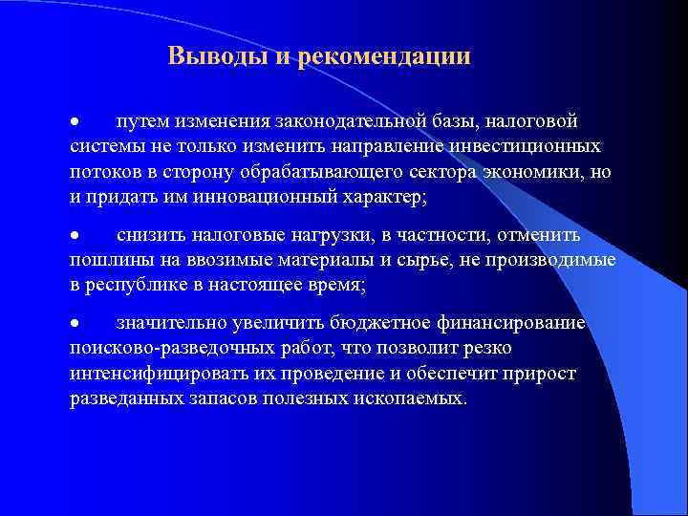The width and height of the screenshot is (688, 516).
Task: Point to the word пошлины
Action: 106,260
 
